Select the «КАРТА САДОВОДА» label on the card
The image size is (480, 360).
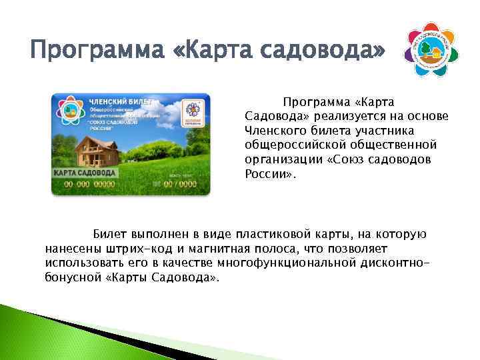[x=85, y=172]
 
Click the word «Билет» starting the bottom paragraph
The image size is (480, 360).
[x=108, y=235]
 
